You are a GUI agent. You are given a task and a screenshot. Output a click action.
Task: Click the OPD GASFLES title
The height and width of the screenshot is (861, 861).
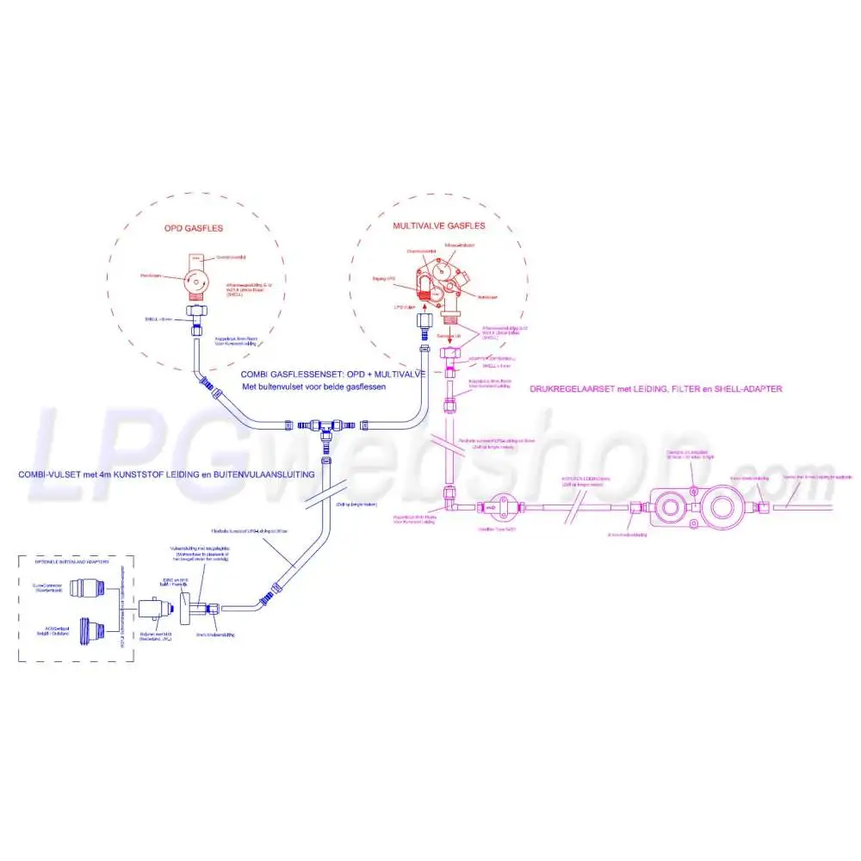[x=195, y=229]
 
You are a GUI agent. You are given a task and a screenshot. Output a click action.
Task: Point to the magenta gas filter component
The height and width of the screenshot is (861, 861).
[x=500, y=507]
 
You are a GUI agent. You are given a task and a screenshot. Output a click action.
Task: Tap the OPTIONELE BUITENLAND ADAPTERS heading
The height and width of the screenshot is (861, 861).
[x=76, y=561]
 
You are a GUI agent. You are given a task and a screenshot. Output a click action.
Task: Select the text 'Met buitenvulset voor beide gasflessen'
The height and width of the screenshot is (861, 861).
[x=313, y=387]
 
